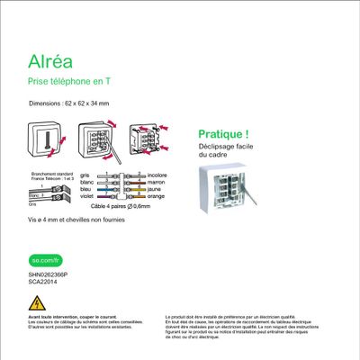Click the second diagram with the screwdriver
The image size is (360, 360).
[94, 137]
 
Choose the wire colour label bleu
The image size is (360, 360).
[85, 191]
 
